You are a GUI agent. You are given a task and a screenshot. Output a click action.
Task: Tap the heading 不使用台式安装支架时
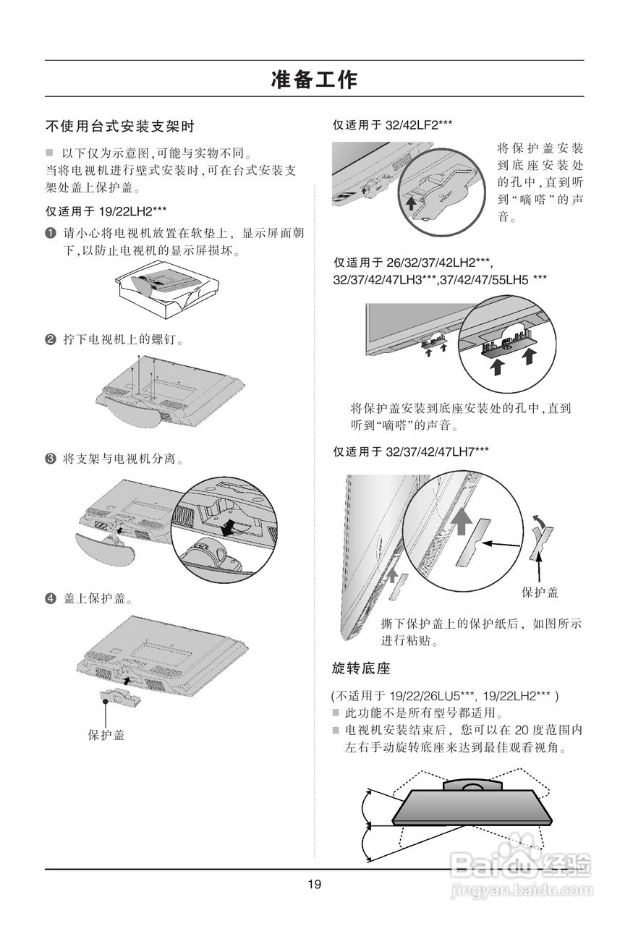click(x=120, y=127)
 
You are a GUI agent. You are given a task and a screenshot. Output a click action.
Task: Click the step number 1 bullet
click(x=51, y=234)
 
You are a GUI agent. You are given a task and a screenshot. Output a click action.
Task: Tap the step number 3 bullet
click(x=51, y=459)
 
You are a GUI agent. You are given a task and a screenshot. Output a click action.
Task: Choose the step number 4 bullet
click(x=51, y=599)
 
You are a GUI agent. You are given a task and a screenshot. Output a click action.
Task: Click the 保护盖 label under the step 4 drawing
click(x=106, y=735)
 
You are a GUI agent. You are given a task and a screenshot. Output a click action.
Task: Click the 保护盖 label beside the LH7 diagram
click(x=540, y=592)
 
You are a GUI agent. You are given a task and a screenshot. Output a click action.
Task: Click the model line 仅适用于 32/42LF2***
click(x=393, y=125)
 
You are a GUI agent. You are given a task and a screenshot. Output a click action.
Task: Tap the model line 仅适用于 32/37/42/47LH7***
click(x=410, y=452)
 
